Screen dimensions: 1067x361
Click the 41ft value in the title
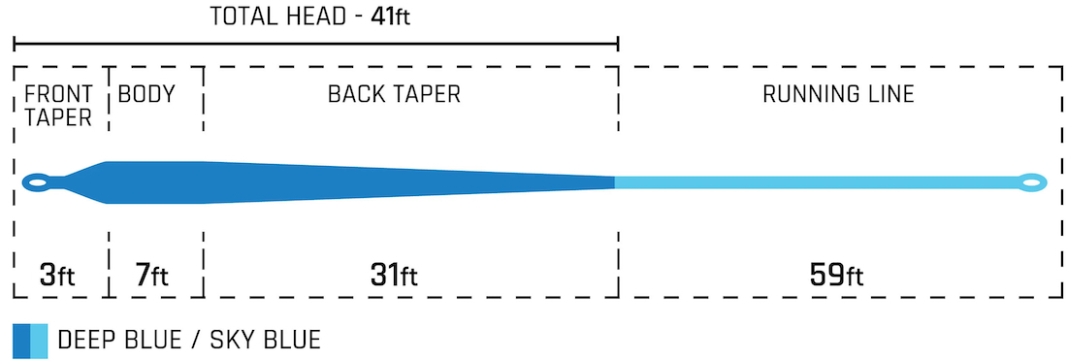pyautogui.click(x=391, y=16)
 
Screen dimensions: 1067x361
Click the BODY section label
pyautogui.click(x=146, y=94)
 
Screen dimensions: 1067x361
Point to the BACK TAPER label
pyautogui.click(x=394, y=94)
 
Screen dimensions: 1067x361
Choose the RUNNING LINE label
pyautogui.click(x=838, y=94)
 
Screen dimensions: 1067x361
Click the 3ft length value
pyautogui.click(x=58, y=276)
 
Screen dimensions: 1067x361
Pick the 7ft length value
pyautogui.click(x=149, y=276)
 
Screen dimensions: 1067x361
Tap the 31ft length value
pyautogui.click(x=394, y=276)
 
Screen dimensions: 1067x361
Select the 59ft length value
pyautogui.click(x=837, y=276)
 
